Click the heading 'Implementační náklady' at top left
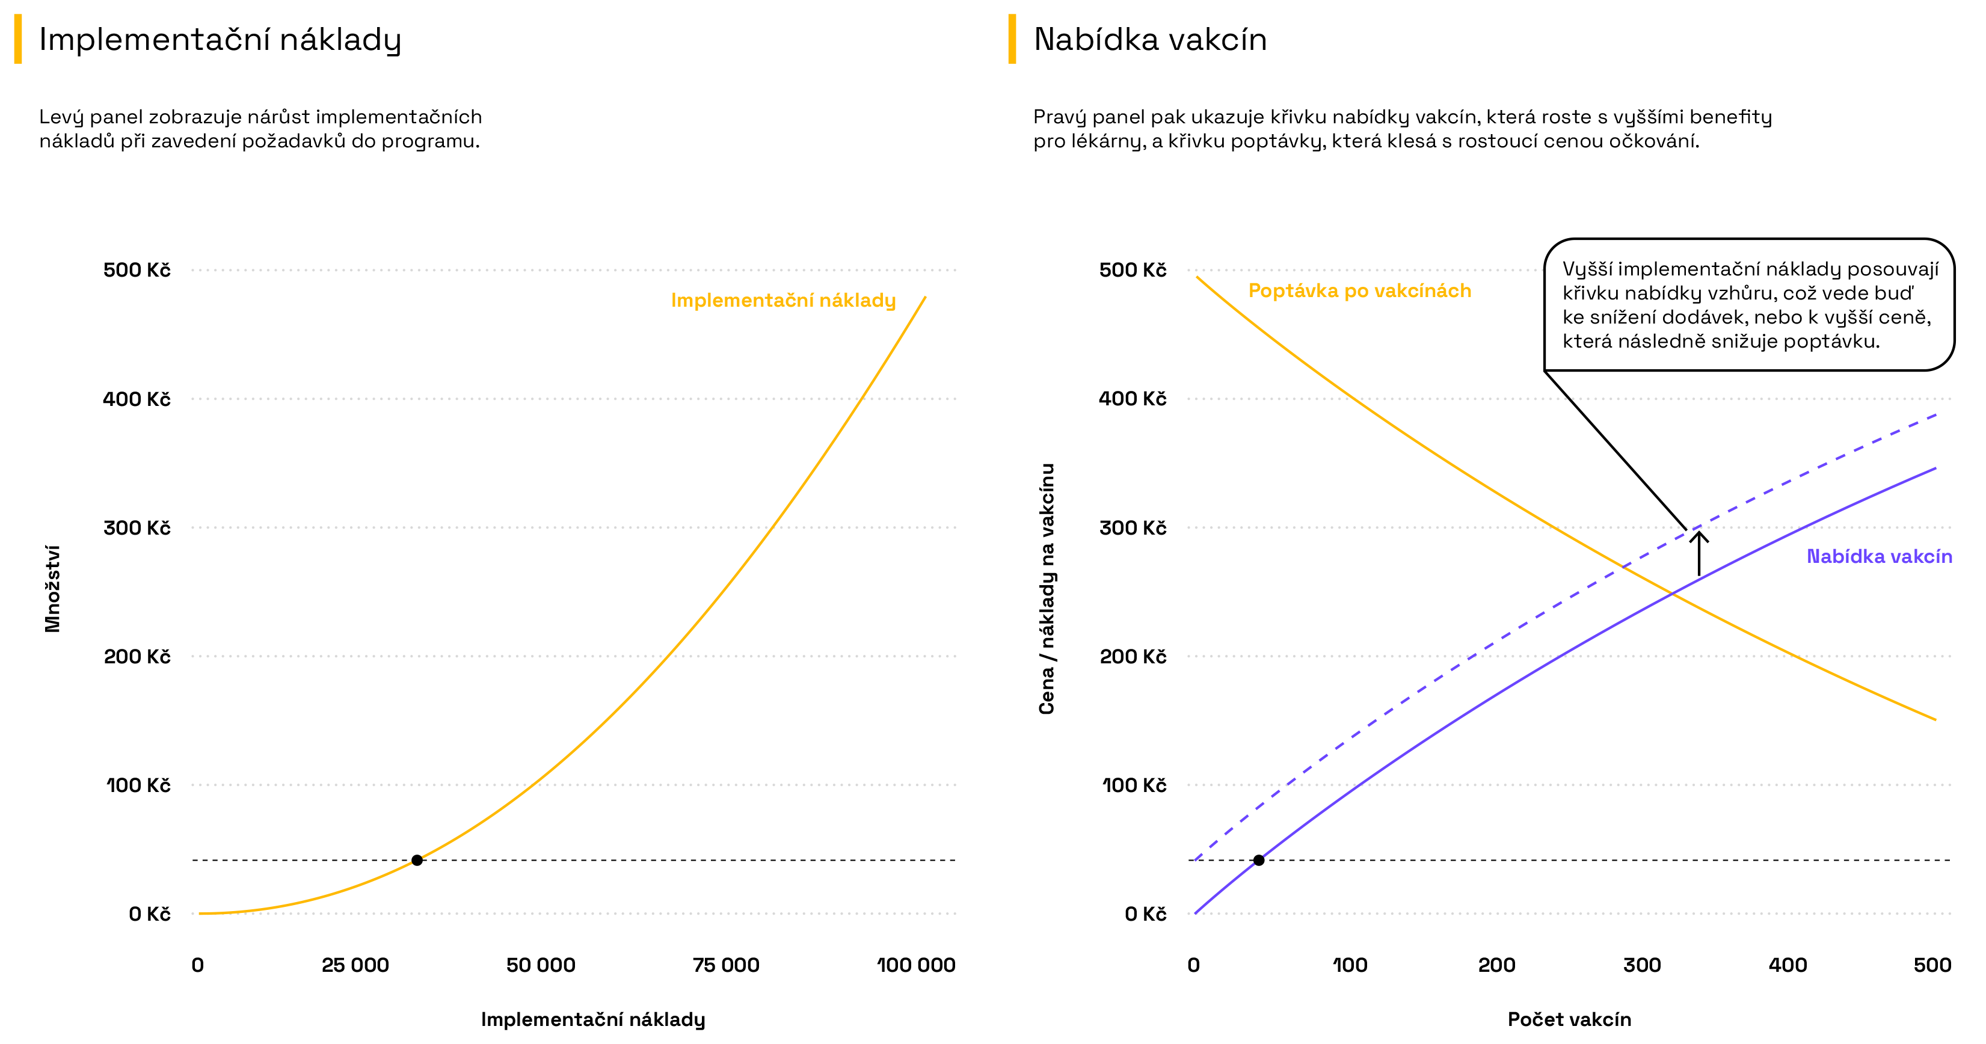click(220, 39)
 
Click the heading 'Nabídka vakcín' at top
click(1149, 39)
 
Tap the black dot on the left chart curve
click(417, 860)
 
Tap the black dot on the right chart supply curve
click(1258, 860)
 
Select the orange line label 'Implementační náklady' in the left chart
click(782, 300)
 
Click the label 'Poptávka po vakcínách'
click(1359, 290)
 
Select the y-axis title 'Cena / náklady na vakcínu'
click(1046, 588)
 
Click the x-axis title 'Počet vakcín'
click(1569, 1019)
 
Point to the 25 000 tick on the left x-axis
click(355, 965)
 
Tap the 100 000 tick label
click(916, 965)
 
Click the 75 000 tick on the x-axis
click(725, 965)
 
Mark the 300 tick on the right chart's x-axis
click(1641, 965)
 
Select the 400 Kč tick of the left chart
click(137, 399)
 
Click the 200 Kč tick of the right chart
click(1133, 656)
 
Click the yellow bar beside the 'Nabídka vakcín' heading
click(1012, 38)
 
